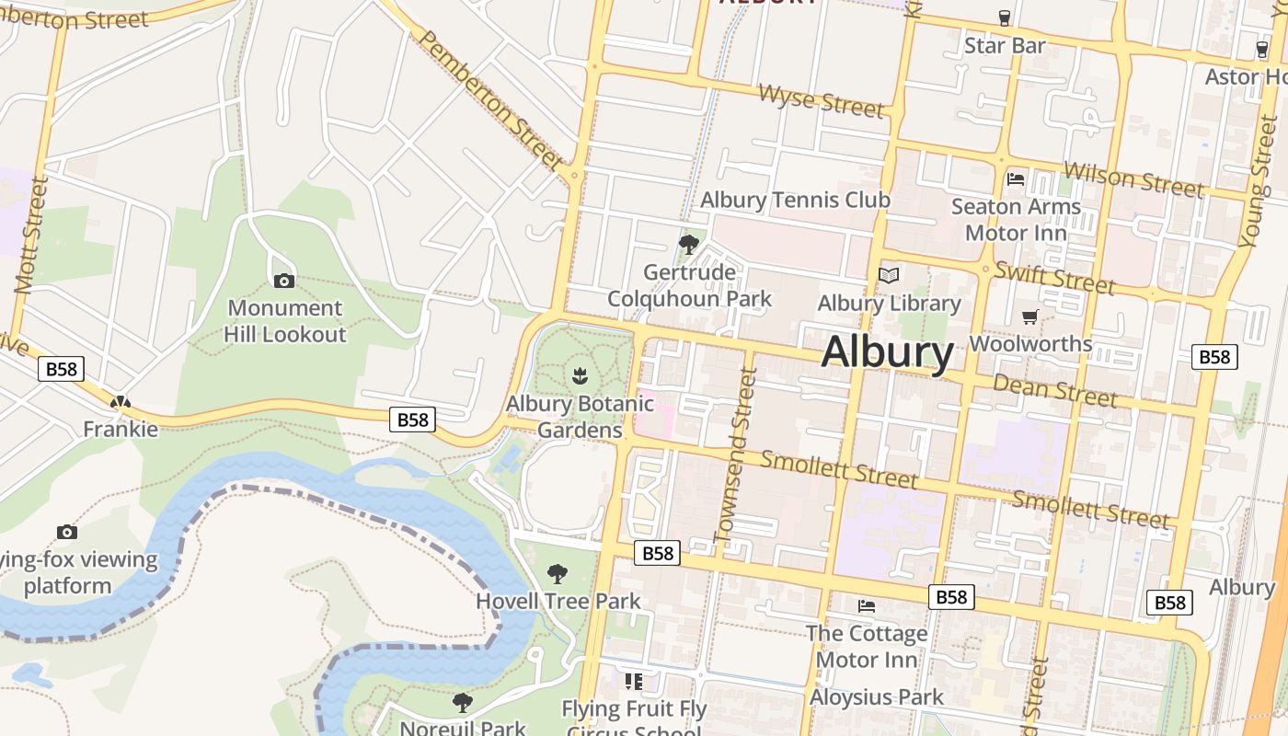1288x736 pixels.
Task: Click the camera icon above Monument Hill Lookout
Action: pos(284,281)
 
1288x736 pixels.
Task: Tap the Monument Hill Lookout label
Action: pos(285,321)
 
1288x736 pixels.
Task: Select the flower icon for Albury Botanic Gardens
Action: pos(580,376)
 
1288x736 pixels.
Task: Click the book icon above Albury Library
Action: pos(889,275)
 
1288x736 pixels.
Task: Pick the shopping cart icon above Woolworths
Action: pos(1030,317)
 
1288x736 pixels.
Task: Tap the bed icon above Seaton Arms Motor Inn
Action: pos(1016,178)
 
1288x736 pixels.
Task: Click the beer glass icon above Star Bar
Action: pos(1005,17)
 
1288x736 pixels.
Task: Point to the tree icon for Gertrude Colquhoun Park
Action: pos(688,244)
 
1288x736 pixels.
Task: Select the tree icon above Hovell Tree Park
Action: pos(558,574)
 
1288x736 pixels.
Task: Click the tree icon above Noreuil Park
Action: pos(463,703)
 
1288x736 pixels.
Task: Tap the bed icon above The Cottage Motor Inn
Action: pos(867,606)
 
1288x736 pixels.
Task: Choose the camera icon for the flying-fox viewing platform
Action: pos(66,532)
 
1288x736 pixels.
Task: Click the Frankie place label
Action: pos(121,429)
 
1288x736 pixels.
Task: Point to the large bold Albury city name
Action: pos(888,352)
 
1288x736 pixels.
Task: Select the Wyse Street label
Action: pos(822,99)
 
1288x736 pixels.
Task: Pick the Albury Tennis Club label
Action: pos(796,200)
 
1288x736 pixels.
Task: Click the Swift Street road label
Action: pos(1054,277)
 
